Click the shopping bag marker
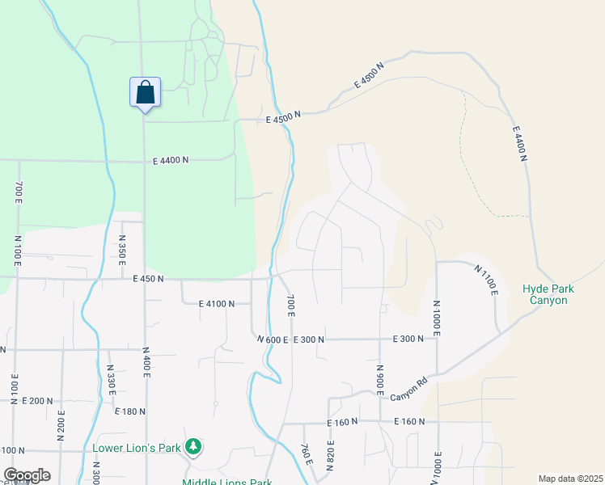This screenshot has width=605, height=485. (145, 91)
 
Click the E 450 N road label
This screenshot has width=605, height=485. (148, 279)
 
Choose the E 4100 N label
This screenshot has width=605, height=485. (216, 304)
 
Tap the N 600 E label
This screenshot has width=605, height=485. (272, 339)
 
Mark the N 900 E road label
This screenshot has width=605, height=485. (379, 378)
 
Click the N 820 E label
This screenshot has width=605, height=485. (331, 456)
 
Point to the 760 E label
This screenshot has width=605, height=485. (306, 454)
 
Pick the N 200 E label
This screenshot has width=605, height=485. (61, 424)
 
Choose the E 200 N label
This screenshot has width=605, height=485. (37, 401)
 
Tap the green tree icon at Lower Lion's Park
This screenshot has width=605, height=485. (192, 446)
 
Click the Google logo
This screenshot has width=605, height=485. (27, 475)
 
